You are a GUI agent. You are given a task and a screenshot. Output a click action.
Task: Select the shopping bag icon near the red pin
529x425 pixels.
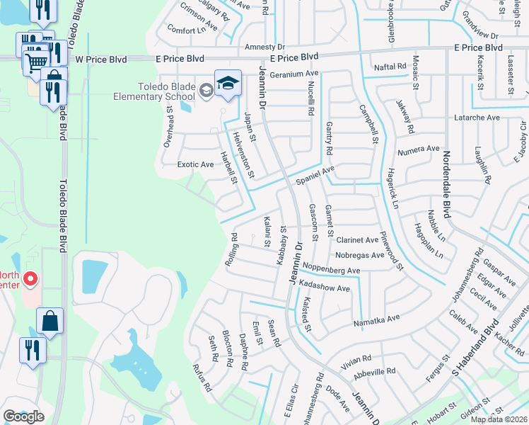pos(50,322)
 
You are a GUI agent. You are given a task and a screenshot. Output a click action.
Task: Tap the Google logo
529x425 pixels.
pos(23,416)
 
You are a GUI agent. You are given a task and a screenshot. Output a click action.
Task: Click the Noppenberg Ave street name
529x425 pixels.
pos(331,271)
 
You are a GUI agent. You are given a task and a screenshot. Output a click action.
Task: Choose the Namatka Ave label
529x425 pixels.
pos(376,321)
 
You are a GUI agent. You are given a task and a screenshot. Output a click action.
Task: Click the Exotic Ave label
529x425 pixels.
pos(195,164)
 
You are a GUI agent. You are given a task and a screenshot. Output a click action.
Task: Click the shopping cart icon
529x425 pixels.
pos(36,62)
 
